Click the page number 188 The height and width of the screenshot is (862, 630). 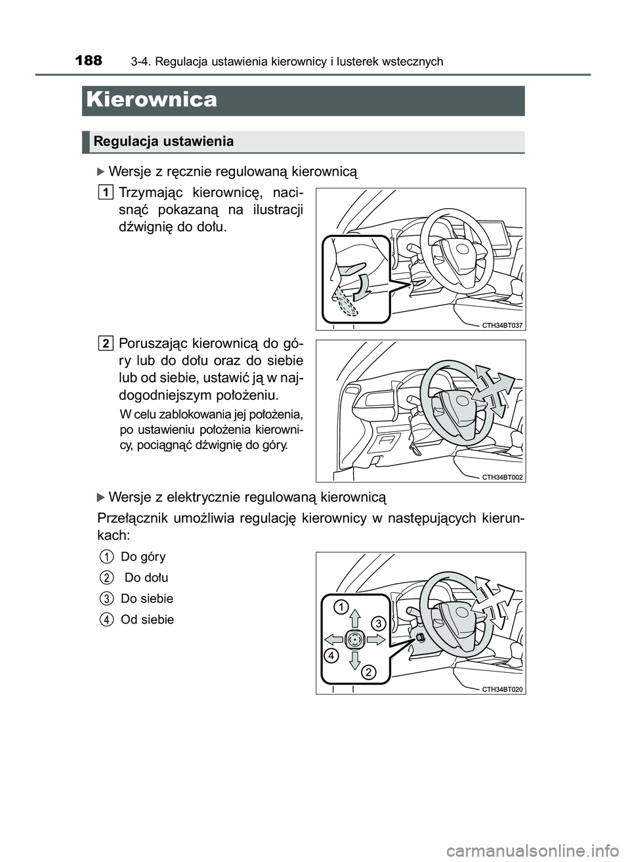pos(89,61)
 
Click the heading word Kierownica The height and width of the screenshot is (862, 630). pos(151,100)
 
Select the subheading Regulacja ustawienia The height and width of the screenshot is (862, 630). pos(163,141)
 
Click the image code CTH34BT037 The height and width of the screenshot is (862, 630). pos(502,325)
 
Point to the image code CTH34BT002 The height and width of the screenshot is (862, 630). pos(502,477)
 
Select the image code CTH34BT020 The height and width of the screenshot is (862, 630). pos(502,689)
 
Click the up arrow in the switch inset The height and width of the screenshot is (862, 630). pos(354,618)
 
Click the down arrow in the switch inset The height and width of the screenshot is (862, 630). pos(354,660)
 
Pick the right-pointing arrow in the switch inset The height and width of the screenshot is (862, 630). pos(375,638)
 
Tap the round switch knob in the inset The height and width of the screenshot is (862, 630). pos(354,639)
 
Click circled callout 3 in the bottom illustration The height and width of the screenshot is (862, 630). pos(378,622)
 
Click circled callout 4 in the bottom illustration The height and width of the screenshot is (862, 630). pos(331,655)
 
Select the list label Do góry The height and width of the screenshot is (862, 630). pos(143,557)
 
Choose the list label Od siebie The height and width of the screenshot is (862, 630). pos(147,620)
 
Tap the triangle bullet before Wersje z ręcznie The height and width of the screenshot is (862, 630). pos(100,173)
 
